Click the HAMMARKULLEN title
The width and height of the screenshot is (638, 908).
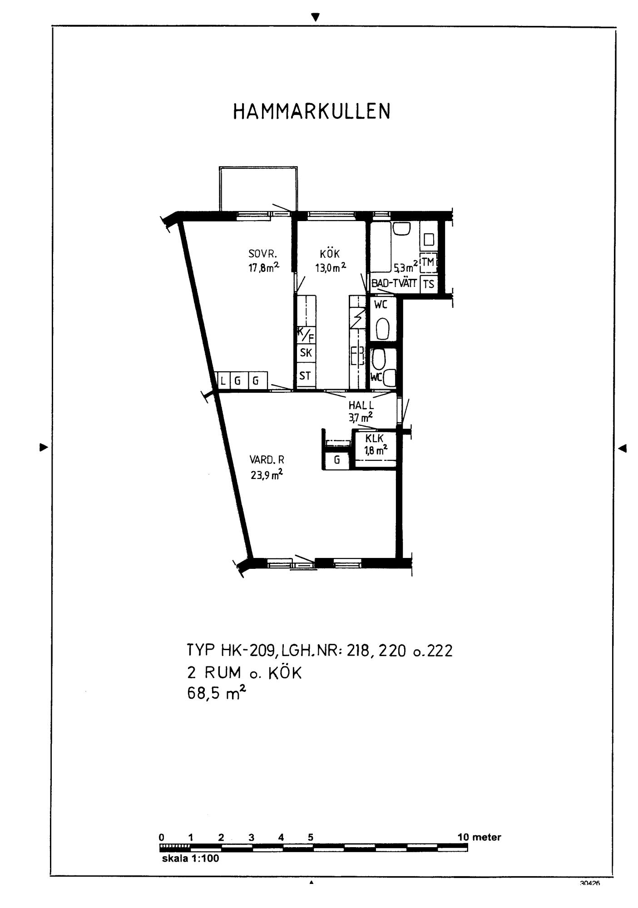click(312, 111)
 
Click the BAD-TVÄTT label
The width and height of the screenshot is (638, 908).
click(394, 283)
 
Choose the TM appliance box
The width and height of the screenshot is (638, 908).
click(428, 262)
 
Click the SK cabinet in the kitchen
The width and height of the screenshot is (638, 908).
click(306, 353)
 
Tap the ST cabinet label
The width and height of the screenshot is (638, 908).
click(305, 376)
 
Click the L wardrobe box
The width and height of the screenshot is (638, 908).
click(223, 380)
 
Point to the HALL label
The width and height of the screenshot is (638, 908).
click(361, 405)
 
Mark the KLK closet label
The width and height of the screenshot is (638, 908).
click(375, 439)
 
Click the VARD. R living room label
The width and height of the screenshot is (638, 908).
click(267, 460)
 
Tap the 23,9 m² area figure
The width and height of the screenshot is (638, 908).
click(267, 475)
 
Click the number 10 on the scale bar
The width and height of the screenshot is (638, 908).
click(463, 837)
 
